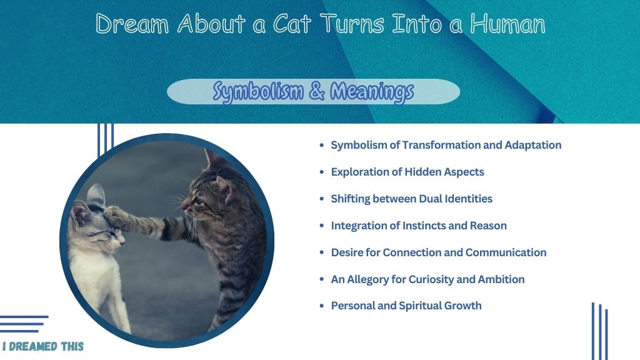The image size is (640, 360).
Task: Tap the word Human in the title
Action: click(507, 23)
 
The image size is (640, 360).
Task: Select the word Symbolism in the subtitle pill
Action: click(258, 91)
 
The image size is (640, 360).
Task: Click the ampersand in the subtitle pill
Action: click(317, 91)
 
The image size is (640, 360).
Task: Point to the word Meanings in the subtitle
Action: click(372, 91)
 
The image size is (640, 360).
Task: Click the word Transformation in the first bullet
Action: click(441, 145)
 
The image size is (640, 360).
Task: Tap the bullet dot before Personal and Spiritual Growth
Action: click(322, 306)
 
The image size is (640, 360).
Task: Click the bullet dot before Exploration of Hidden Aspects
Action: click(322, 172)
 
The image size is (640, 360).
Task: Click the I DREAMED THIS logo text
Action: click(43, 346)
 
